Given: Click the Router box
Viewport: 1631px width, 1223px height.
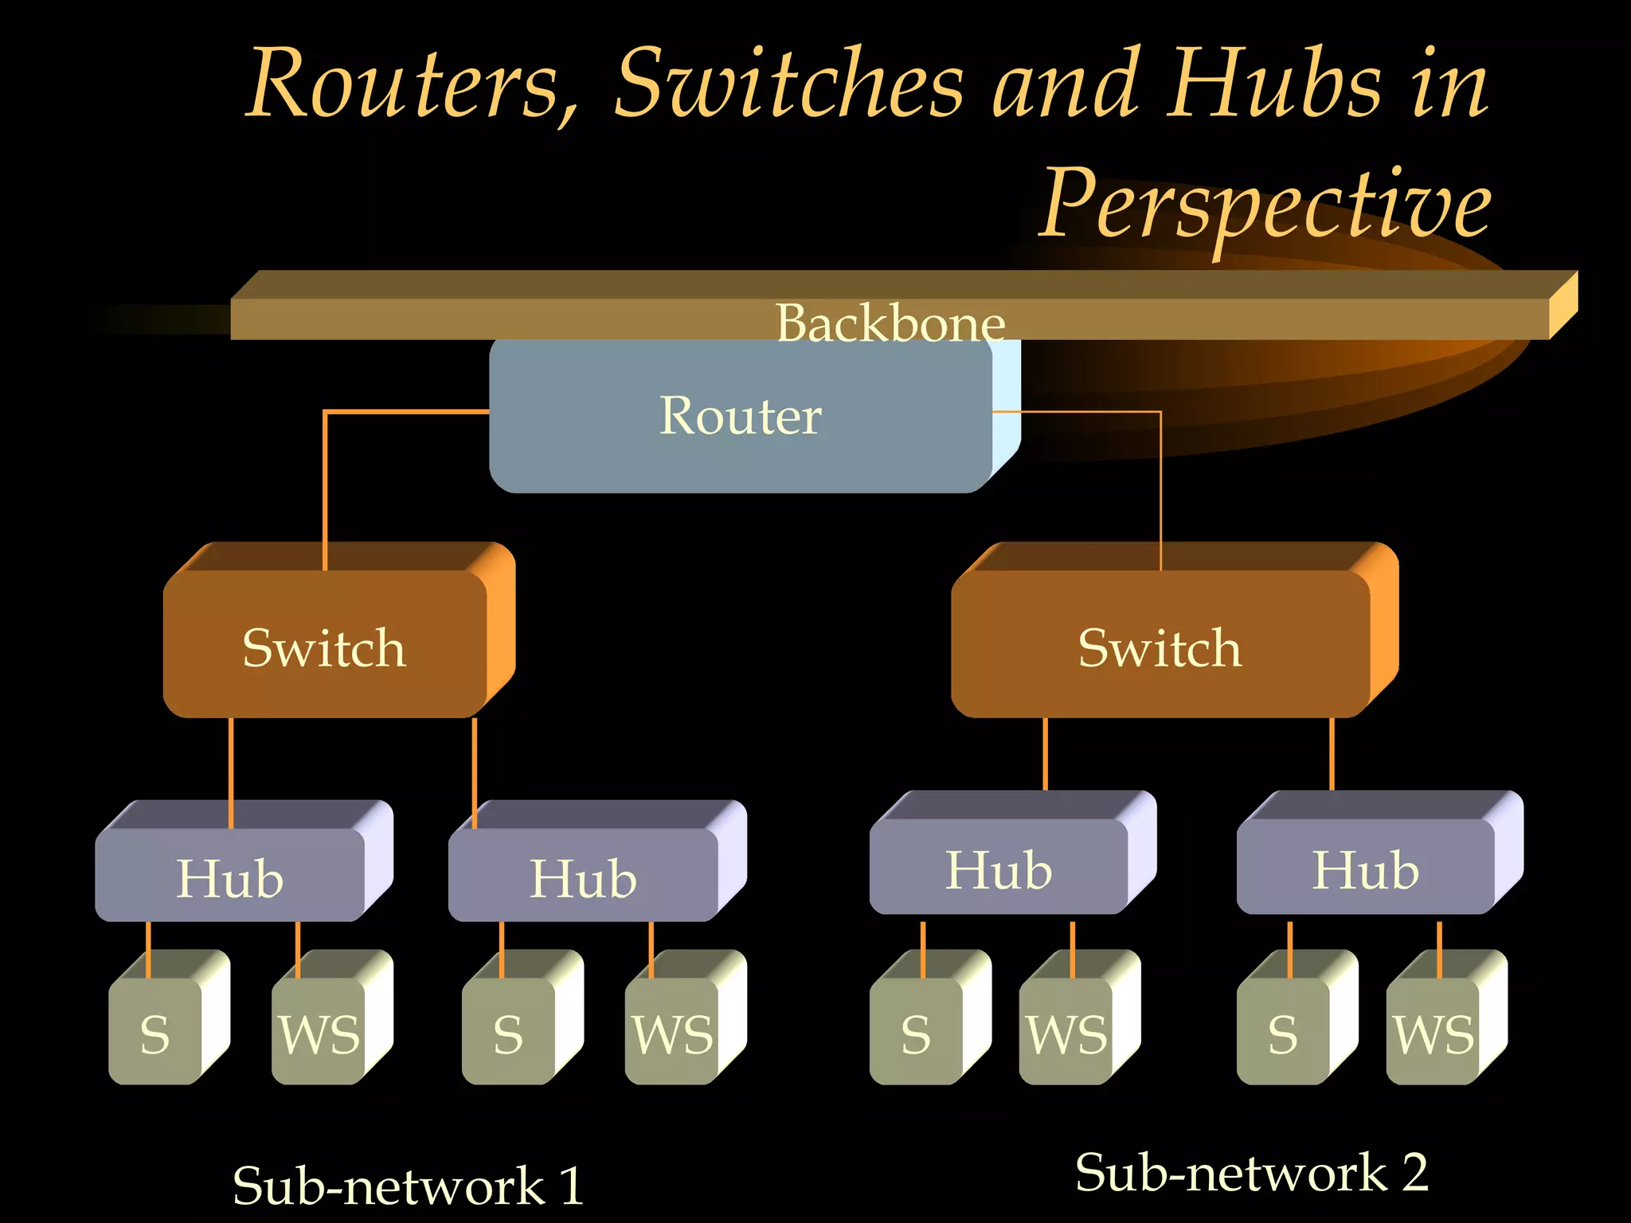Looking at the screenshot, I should point(741,416).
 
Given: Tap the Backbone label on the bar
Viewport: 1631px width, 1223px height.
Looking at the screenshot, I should point(890,322).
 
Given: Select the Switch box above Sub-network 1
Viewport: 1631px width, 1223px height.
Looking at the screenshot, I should point(325,647).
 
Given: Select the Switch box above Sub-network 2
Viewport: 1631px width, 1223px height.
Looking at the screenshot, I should point(1160,647).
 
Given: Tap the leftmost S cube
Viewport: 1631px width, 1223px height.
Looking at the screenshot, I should point(155,1033).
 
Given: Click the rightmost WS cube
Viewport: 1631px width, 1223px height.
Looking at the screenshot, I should point(1433,1033).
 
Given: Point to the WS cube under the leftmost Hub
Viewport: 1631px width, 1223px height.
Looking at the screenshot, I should point(319,1033).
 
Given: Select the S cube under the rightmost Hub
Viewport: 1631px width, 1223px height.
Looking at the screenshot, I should point(1282,1033).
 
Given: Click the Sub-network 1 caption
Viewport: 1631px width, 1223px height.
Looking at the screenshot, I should point(408,1185).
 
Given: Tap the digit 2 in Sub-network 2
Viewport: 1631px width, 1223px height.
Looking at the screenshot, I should point(1415,1172).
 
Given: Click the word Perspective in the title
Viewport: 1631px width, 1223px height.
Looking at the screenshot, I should point(1266,205).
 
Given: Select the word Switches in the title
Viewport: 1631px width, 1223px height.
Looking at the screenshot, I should point(788,84).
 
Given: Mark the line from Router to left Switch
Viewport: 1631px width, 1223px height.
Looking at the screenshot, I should point(325,478).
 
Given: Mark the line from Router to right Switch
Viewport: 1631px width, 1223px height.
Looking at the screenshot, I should point(1160,478).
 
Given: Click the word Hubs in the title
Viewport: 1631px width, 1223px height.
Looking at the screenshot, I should point(1274,84).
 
